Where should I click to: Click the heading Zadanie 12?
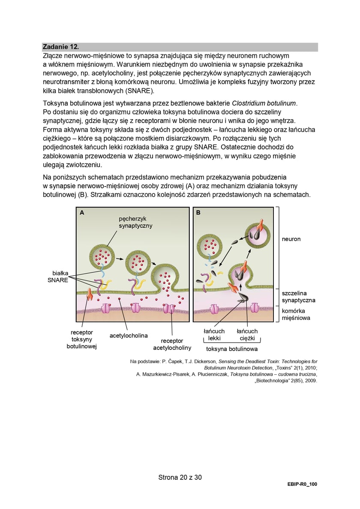tap(61, 47)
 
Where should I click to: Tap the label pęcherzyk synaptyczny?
tap(135, 222)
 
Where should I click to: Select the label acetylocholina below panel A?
tap(129, 335)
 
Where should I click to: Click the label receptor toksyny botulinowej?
tap(81, 339)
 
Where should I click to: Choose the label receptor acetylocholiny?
tap(172, 344)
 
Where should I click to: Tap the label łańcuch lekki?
tap(214, 334)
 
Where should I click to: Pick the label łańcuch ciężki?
tap(247, 334)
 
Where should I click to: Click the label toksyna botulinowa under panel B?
tap(231, 349)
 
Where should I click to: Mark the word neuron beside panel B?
tap(291, 239)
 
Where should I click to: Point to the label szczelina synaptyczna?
tap(298, 296)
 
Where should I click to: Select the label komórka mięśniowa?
tap(296, 314)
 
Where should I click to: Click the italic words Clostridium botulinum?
tap(264, 103)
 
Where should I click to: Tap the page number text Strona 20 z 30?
tap(180, 477)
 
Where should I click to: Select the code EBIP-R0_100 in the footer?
tap(302, 484)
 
